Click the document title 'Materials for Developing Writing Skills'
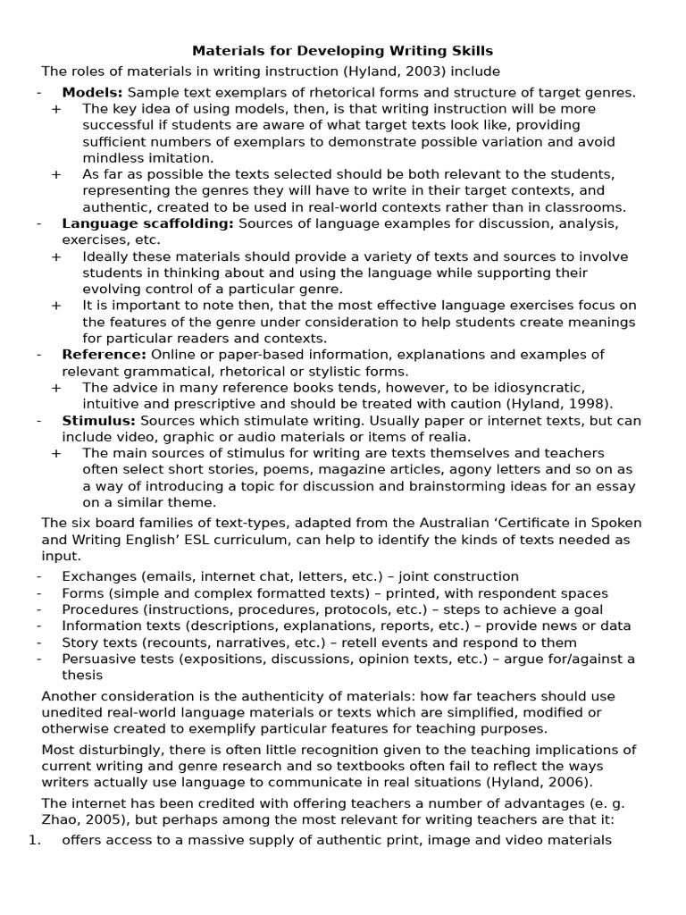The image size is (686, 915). tap(343, 51)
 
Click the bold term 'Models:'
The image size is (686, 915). tap(93, 92)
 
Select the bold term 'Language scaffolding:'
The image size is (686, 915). tap(147, 223)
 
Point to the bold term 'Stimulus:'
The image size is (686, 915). tap(98, 420)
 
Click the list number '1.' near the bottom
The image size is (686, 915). tap(35, 840)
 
